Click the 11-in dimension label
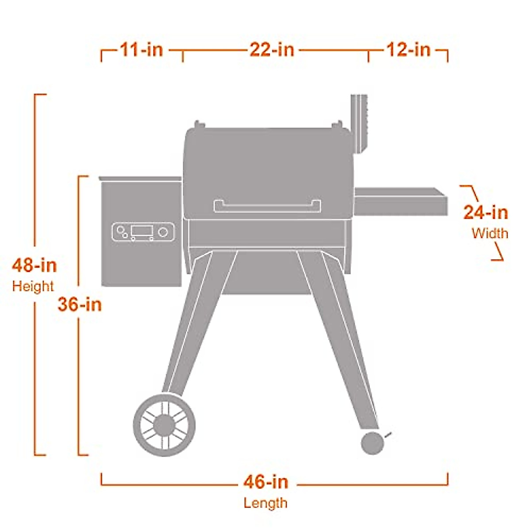[141, 50]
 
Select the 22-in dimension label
[272, 50]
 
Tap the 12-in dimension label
[408, 50]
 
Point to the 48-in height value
[35, 265]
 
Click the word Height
[33, 286]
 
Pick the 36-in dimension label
[80, 304]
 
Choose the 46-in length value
[265, 481]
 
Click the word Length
[265, 503]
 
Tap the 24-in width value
[485, 213]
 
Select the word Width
[490, 233]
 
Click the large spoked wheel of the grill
[164, 424]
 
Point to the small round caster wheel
[372, 443]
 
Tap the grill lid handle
[267, 206]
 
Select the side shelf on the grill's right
[400, 201]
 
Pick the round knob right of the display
[163, 232]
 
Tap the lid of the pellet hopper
[141, 178]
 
